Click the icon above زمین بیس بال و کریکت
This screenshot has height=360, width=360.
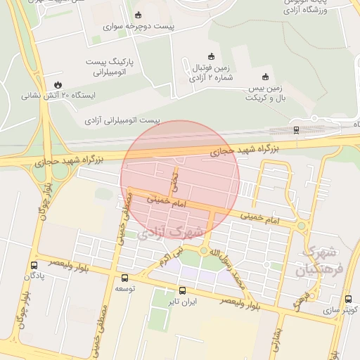(265, 77)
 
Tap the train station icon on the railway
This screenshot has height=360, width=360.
(296, 129)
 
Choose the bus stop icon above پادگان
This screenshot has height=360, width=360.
(34, 265)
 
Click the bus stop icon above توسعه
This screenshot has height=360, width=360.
(125, 278)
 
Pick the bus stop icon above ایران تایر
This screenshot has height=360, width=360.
(182, 290)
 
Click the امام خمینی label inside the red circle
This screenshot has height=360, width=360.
(167, 200)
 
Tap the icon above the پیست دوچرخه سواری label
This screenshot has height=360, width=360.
(138, 15)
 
